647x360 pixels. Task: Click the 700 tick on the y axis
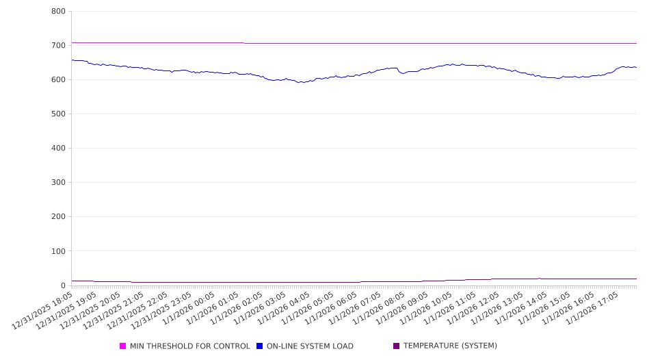tap(58, 45)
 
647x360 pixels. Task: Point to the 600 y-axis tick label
tap(58, 79)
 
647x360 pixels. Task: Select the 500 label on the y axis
tap(58, 114)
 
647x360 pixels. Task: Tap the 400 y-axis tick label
tap(58, 148)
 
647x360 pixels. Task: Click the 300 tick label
tap(58, 183)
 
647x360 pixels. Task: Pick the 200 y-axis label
tap(58, 217)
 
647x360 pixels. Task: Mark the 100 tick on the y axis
tap(58, 251)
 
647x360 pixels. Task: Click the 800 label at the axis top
tap(58, 11)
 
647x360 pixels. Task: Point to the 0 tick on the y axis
tap(63, 285)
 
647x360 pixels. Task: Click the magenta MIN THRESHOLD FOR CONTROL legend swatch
tap(123, 346)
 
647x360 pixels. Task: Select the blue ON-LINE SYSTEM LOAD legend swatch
tap(260, 346)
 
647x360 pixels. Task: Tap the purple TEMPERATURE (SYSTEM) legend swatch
tap(397, 346)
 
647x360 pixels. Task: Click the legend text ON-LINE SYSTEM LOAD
tap(310, 346)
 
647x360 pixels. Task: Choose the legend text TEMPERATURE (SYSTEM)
tap(450, 346)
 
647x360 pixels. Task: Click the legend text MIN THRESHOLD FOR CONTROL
tap(190, 346)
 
